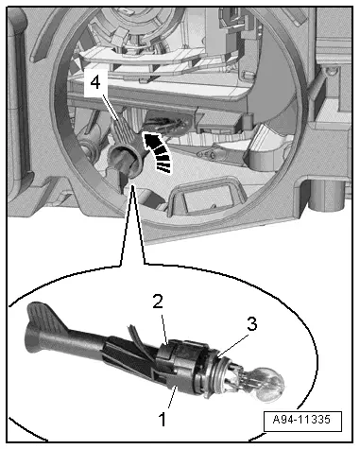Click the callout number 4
tap(95, 83)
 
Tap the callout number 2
tap(158, 302)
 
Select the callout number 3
tap(251, 324)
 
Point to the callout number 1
tap(163, 420)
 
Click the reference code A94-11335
tap(301, 420)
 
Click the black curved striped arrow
tap(158, 152)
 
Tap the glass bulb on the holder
tap(268, 384)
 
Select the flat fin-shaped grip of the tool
tap(47, 317)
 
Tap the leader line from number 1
tap(173, 398)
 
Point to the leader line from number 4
tap(111, 107)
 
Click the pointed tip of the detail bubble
tap(132, 186)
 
